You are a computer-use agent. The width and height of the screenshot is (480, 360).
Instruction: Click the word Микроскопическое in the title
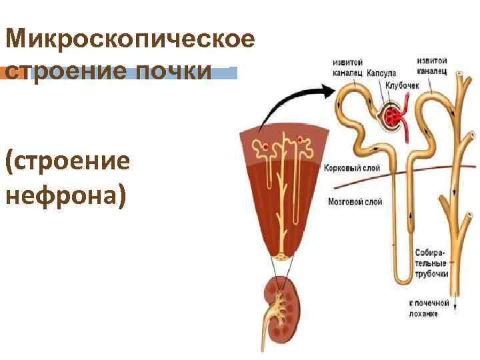pyautogui.click(x=130, y=39)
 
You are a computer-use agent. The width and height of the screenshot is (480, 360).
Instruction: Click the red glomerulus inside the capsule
pyautogui.click(x=395, y=117)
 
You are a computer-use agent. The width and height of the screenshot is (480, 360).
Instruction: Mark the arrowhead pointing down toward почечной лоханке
pyautogui.click(x=455, y=306)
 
